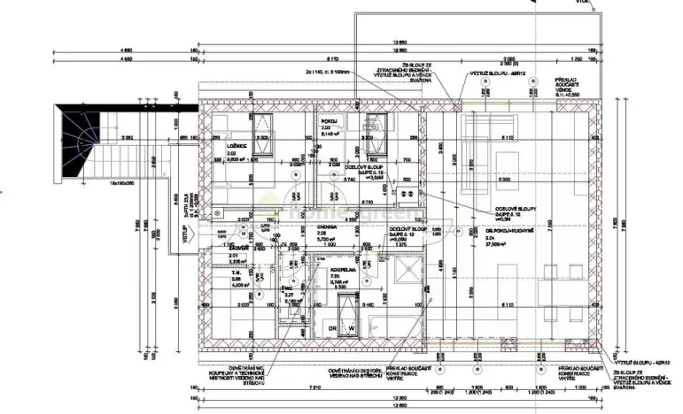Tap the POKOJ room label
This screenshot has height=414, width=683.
click(x=327, y=121)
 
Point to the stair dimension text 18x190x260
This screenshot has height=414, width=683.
click(x=117, y=181)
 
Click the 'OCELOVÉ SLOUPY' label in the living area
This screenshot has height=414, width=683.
click(x=516, y=211)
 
